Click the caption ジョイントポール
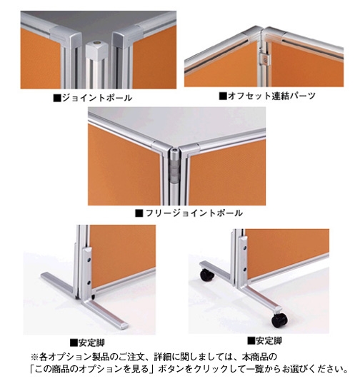pyautogui.click(x=97, y=98)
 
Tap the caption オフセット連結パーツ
pyautogui.click(x=271, y=96)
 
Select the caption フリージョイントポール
pyautogui.click(x=194, y=213)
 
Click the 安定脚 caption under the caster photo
pyautogui.click(x=269, y=341)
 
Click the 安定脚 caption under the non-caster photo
pyautogui.click(x=91, y=342)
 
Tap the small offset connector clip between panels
pyautogui.click(x=266, y=59)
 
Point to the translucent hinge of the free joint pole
pyautogui.click(x=174, y=170)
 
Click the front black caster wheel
pyautogui.click(x=279, y=320)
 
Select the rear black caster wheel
pyautogui.click(x=206, y=275)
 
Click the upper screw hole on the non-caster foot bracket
pyautogui.click(x=89, y=260)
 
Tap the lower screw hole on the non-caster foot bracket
pyautogui.click(x=89, y=283)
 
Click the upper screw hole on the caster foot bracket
pyautogui.click(x=244, y=248)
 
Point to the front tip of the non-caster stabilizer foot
pyautogui.click(x=124, y=326)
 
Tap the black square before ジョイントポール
pyautogui.click(x=57, y=98)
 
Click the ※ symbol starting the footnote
pyautogui.click(x=34, y=357)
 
